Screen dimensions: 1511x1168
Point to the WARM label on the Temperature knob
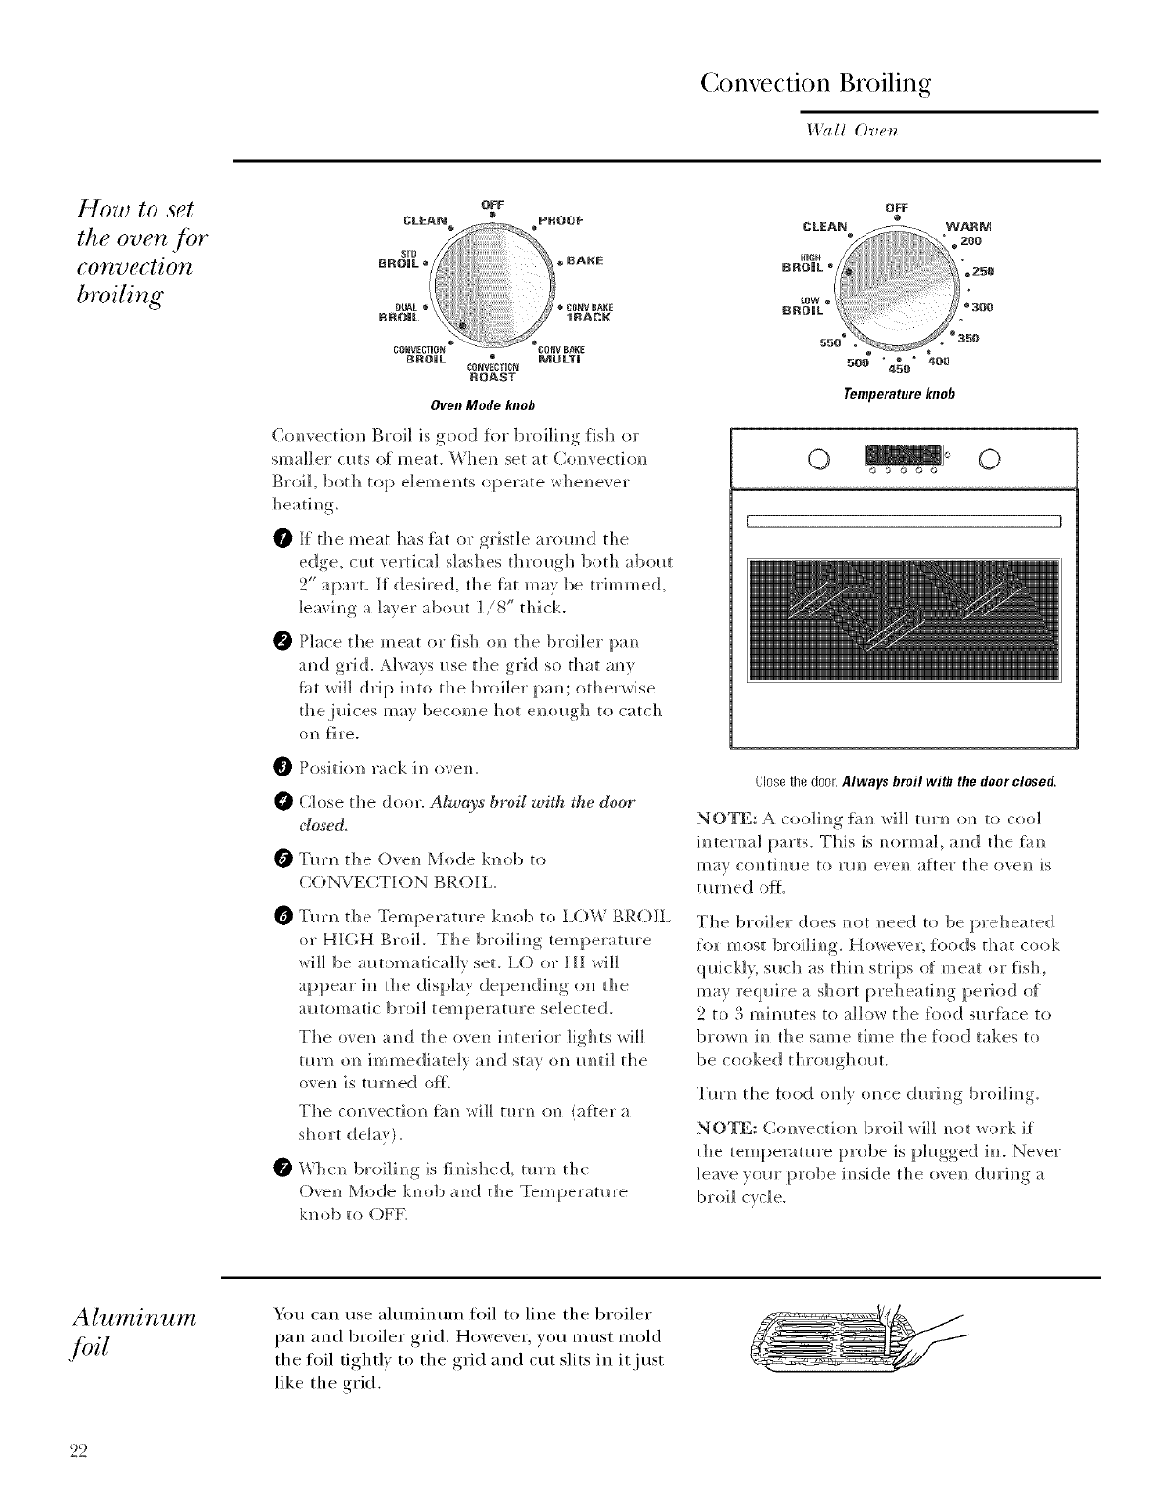pos(968,226)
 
